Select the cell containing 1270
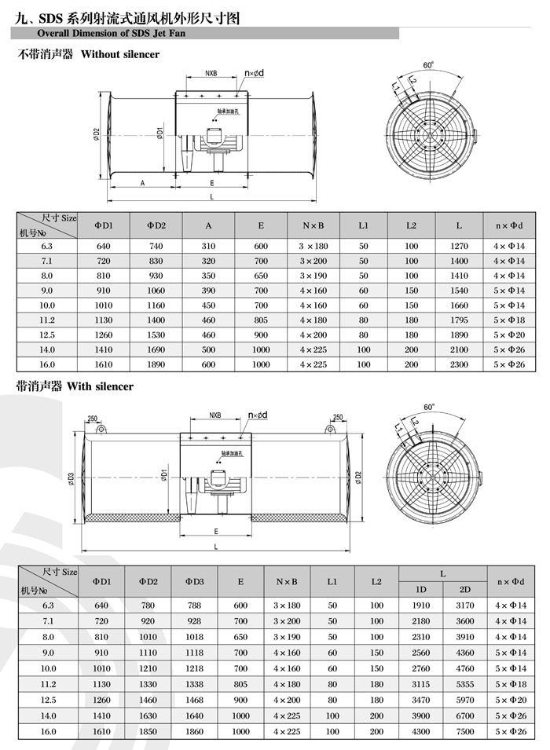pyautogui.click(x=459, y=246)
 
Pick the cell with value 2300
pyautogui.click(x=459, y=364)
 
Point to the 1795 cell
pyautogui.click(x=459, y=320)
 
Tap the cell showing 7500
pyautogui.click(x=464, y=731)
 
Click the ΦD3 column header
pyautogui.click(x=195, y=581)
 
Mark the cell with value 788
pyautogui.click(x=195, y=605)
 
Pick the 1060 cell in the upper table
pyautogui.click(x=156, y=291)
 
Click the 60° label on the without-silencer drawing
pyautogui.click(x=428, y=65)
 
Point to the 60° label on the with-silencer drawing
pyautogui.click(x=428, y=408)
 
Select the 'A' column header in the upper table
pyautogui.click(x=208, y=225)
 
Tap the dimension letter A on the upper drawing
pyautogui.click(x=141, y=182)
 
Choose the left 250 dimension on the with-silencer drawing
pyautogui.click(x=92, y=418)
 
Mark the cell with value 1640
pyautogui.click(x=195, y=715)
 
